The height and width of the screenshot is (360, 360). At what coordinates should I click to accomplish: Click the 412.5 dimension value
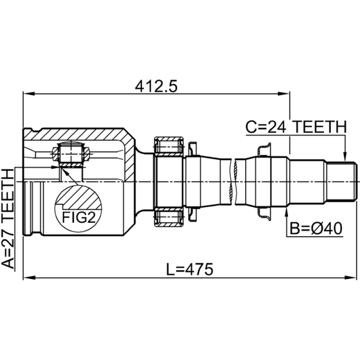[x=156, y=87]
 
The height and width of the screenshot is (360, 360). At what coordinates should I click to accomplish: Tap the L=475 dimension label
[x=189, y=269]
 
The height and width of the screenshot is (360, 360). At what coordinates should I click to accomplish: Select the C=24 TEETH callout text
[x=296, y=127]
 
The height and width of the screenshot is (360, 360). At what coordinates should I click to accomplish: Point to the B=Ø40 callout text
[x=316, y=229]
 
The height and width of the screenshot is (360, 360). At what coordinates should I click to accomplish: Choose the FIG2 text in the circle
[x=79, y=217]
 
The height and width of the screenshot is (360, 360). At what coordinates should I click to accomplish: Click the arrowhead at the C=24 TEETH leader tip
[x=344, y=157]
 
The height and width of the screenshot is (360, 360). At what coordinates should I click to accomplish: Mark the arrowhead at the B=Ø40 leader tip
[x=287, y=213]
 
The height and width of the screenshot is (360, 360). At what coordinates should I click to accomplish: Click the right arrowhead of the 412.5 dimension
[x=284, y=94]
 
